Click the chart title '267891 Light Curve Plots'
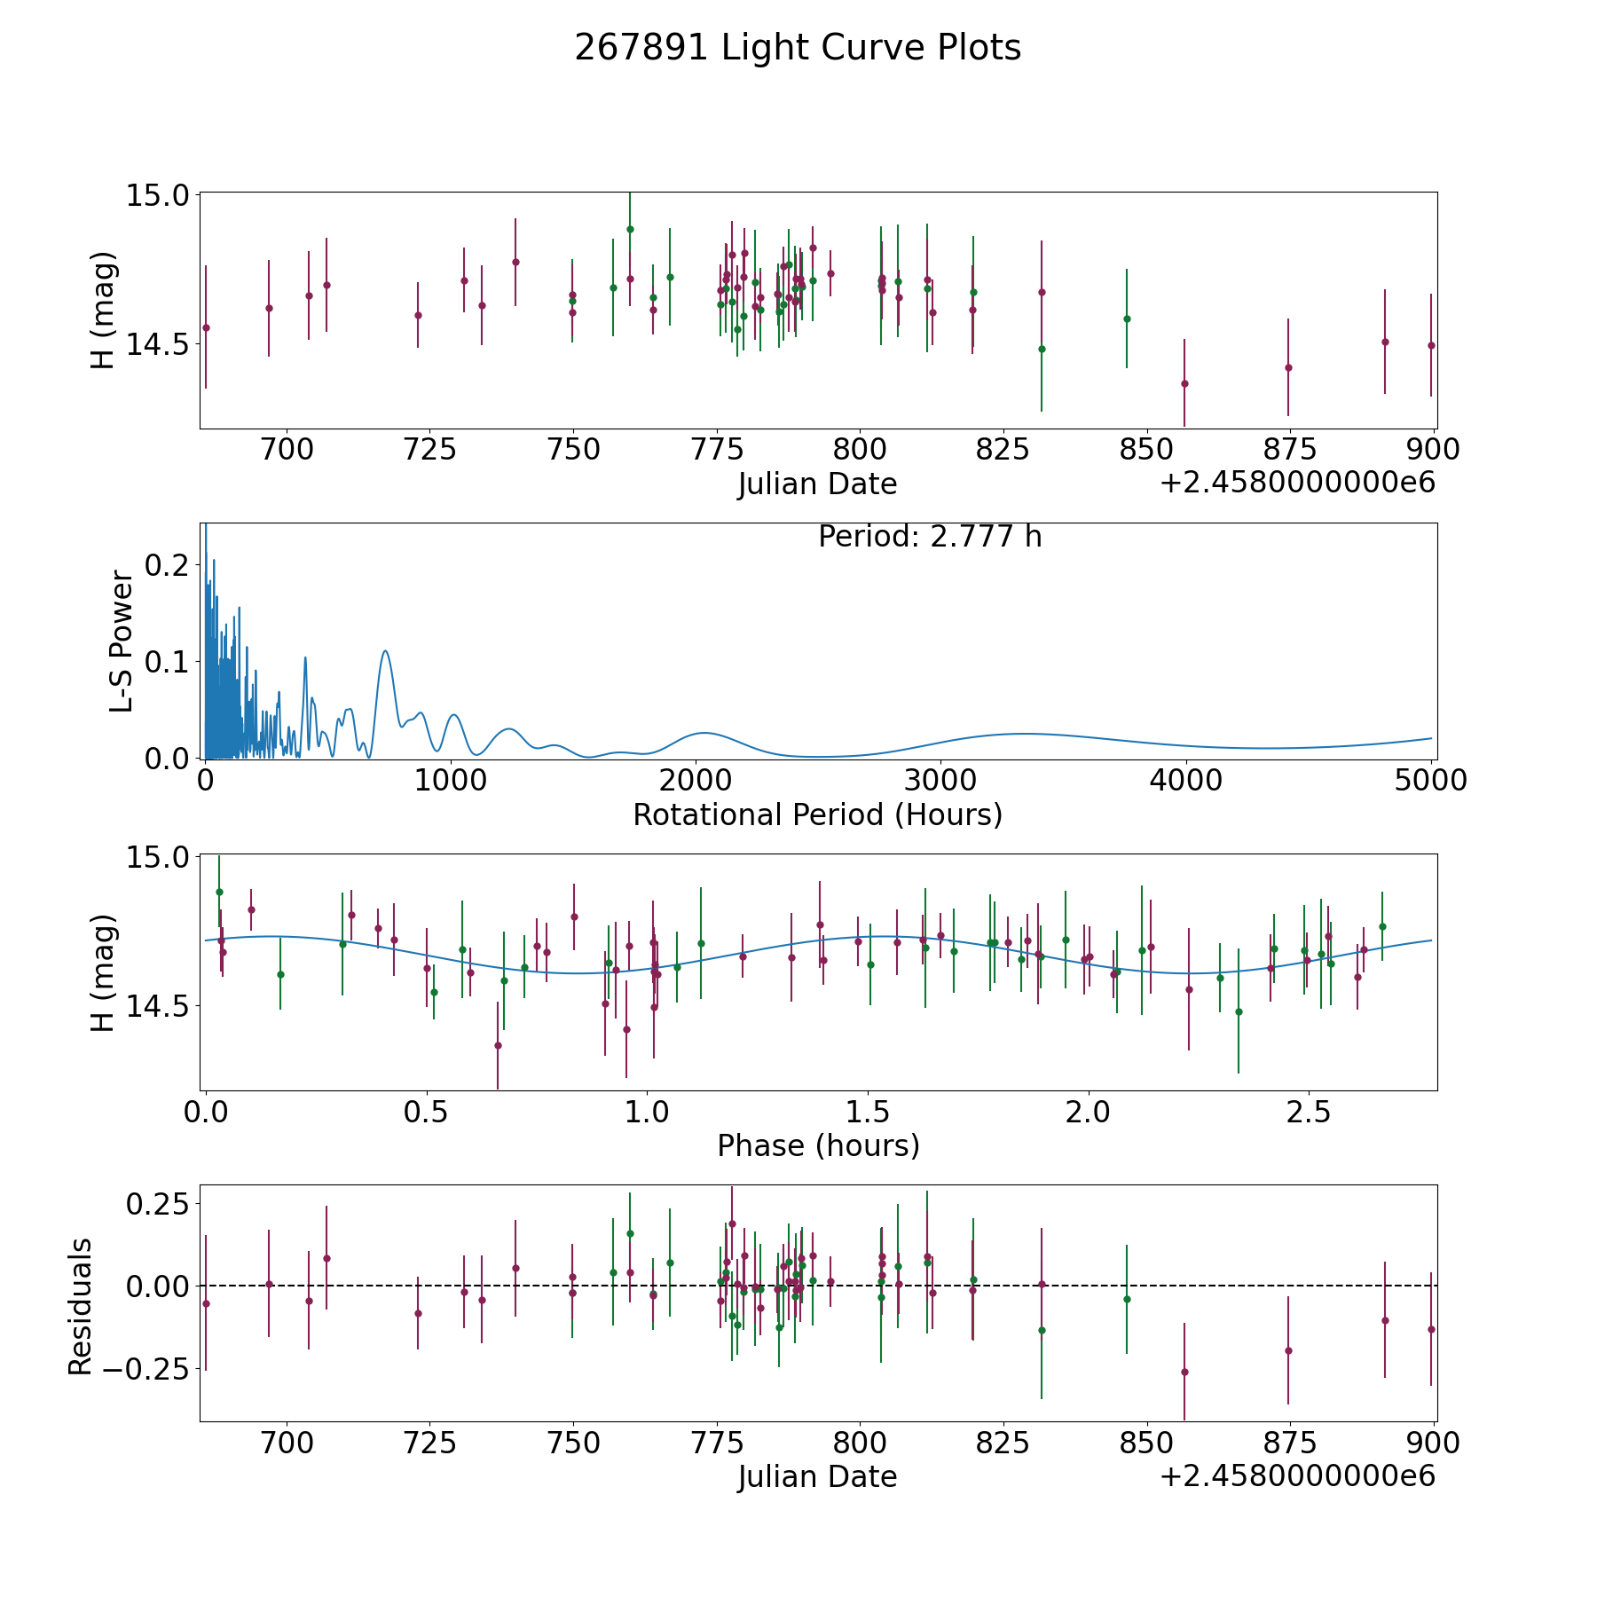click(x=798, y=48)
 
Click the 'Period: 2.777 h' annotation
click(x=929, y=537)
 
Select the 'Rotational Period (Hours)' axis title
click(x=817, y=814)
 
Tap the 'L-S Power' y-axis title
click(x=122, y=641)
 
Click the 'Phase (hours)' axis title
click(x=817, y=1145)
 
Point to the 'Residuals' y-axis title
click(x=81, y=1307)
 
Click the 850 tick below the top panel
click(x=1145, y=449)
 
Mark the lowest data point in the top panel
click(x=1184, y=383)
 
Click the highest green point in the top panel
click(x=630, y=229)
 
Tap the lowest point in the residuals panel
click(x=1184, y=1372)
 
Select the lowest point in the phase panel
click(x=498, y=1045)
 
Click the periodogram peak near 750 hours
click(x=385, y=651)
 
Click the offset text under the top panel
click(x=1297, y=483)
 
